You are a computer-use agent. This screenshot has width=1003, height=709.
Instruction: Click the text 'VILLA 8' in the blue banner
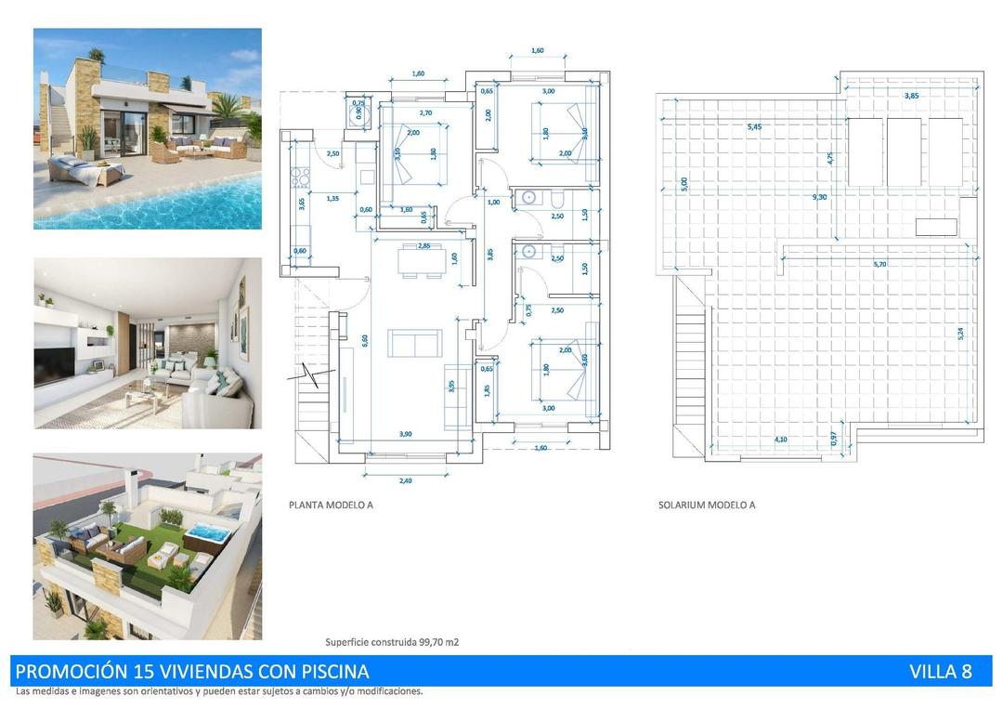click(x=941, y=672)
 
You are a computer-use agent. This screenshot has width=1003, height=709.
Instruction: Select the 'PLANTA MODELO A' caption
click(x=332, y=505)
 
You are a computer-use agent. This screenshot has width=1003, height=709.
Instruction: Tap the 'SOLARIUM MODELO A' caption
click(x=706, y=505)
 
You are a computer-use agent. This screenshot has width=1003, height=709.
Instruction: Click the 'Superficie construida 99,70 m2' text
click(x=392, y=642)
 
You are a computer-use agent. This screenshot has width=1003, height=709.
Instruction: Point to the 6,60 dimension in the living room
click(x=366, y=341)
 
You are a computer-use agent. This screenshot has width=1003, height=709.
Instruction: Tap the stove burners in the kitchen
click(x=301, y=174)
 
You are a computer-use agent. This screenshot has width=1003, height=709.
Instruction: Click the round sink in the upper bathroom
click(x=528, y=197)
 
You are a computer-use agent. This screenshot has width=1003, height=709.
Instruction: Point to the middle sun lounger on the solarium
click(x=904, y=151)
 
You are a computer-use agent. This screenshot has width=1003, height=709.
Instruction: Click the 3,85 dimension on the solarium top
click(x=912, y=96)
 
